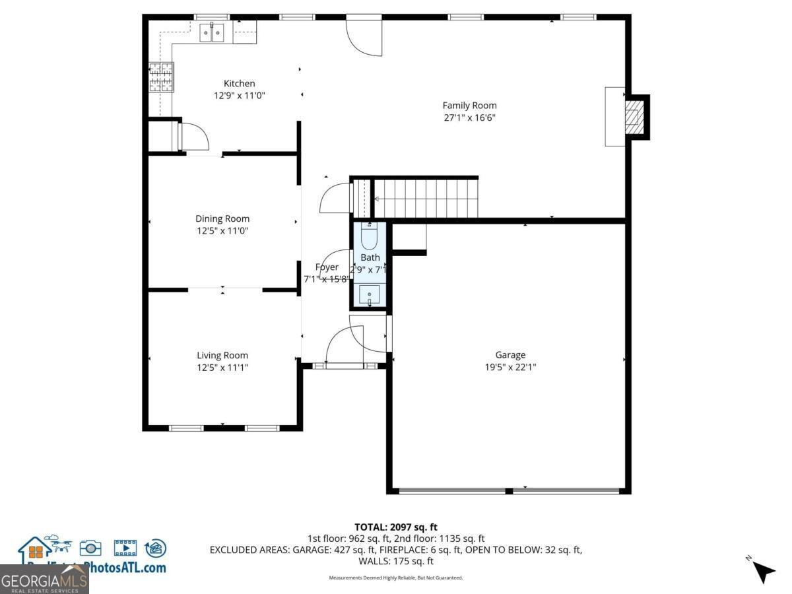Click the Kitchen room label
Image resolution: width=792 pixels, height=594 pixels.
tap(239, 84)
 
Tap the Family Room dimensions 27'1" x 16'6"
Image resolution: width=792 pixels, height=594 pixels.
tap(469, 118)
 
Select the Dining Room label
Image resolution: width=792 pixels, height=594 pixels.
tap(222, 219)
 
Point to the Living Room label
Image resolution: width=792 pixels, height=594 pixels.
tap(222, 356)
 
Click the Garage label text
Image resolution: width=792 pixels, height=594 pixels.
tap(510, 355)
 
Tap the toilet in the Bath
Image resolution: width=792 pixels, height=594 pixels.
tap(368, 235)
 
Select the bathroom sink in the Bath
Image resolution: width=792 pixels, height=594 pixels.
tap(369, 294)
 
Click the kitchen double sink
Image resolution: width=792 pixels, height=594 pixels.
tap(213, 32)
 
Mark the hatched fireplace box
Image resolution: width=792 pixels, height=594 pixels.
tap(634, 117)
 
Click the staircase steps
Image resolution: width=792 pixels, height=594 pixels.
tap(426, 198)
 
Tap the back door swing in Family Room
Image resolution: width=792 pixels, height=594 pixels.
tap(364, 36)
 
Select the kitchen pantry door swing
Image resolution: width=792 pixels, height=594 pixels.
tap(193, 137)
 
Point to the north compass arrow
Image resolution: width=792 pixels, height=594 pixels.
tap(762, 570)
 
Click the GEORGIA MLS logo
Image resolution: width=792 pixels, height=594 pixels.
tap(44, 581)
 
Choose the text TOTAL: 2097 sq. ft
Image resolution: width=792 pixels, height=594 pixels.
tap(396, 527)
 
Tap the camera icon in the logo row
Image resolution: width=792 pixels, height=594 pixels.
tap(90, 547)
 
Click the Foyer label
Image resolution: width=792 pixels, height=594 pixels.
tap(327, 267)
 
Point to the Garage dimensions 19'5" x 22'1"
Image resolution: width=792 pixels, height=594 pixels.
tap(510, 368)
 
